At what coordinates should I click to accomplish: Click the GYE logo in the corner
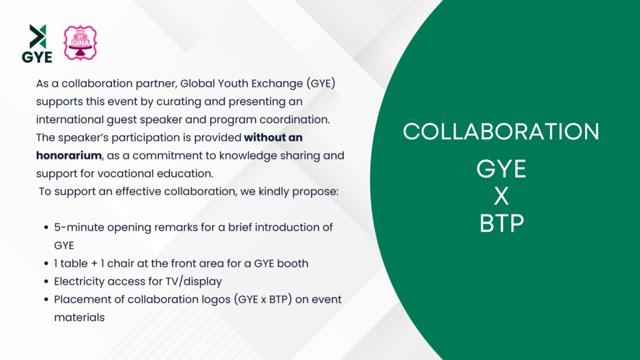pyautogui.click(x=37, y=43)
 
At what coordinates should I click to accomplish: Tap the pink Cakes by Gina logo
pyautogui.click(x=81, y=43)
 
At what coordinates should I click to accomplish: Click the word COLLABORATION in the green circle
pyautogui.click(x=501, y=131)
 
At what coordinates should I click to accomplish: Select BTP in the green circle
pyautogui.click(x=502, y=223)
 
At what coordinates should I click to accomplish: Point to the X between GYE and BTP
pyautogui.click(x=501, y=196)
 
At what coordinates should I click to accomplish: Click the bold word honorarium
pyautogui.click(x=69, y=156)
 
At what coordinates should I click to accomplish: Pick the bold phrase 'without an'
pyautogui.click(x=273, y=137)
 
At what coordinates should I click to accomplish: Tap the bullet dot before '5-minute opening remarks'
pyautogui.click(x=46, y=227)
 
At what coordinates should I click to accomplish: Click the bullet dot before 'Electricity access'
pyautogui.click(x=46, y=281)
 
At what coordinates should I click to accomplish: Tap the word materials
pyautogui.click(x=79, y=317)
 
